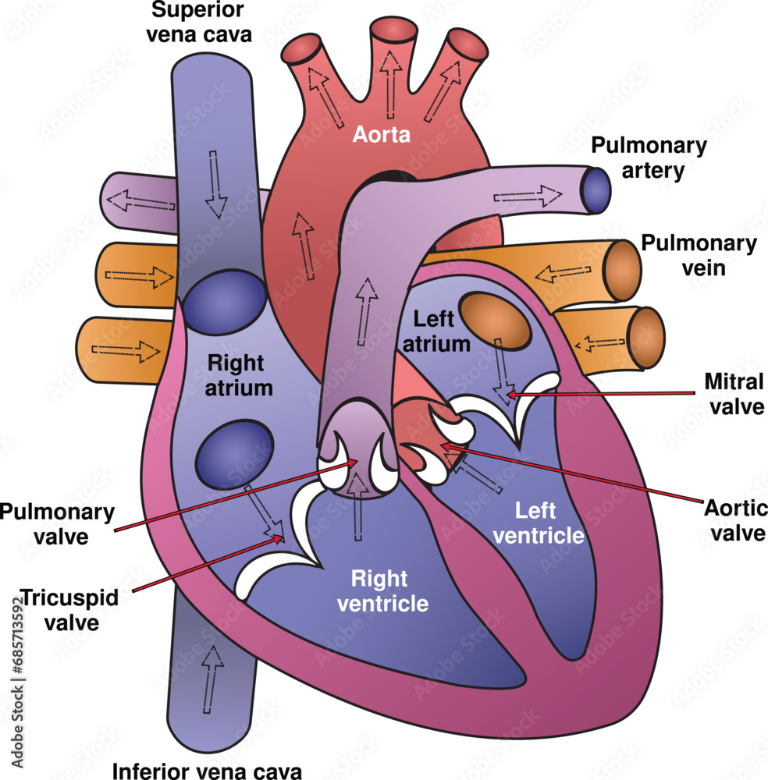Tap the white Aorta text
coord(381,135)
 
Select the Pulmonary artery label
coord(649,157)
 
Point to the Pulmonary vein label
coord(699,256)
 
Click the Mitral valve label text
coord(734,394)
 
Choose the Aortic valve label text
coord(734,520)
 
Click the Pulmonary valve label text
coord(56,524)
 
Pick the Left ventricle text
coord(549,523)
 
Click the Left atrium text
coord(441,331)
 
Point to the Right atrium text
coord(235,374)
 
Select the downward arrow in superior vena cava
coord(215,184)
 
